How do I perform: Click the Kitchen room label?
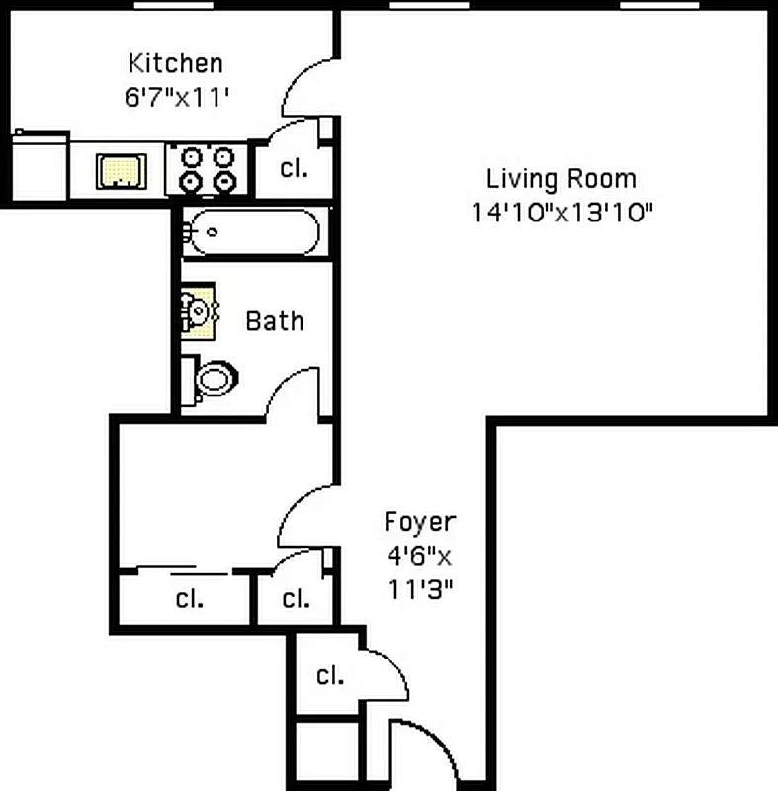[x=175, y=63]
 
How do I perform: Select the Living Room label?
[x=561, y=179]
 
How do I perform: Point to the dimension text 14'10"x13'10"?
[x=562, y=212]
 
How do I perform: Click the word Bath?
[x=274, y=321]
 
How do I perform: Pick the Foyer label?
[x=419, y=522]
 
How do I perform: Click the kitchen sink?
[x=121, y=170]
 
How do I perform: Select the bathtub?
[x=253, y=232]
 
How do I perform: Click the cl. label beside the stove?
[x=294, y=169]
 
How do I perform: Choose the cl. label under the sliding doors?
[x=189, y=599]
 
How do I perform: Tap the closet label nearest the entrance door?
[x=329, y=676]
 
